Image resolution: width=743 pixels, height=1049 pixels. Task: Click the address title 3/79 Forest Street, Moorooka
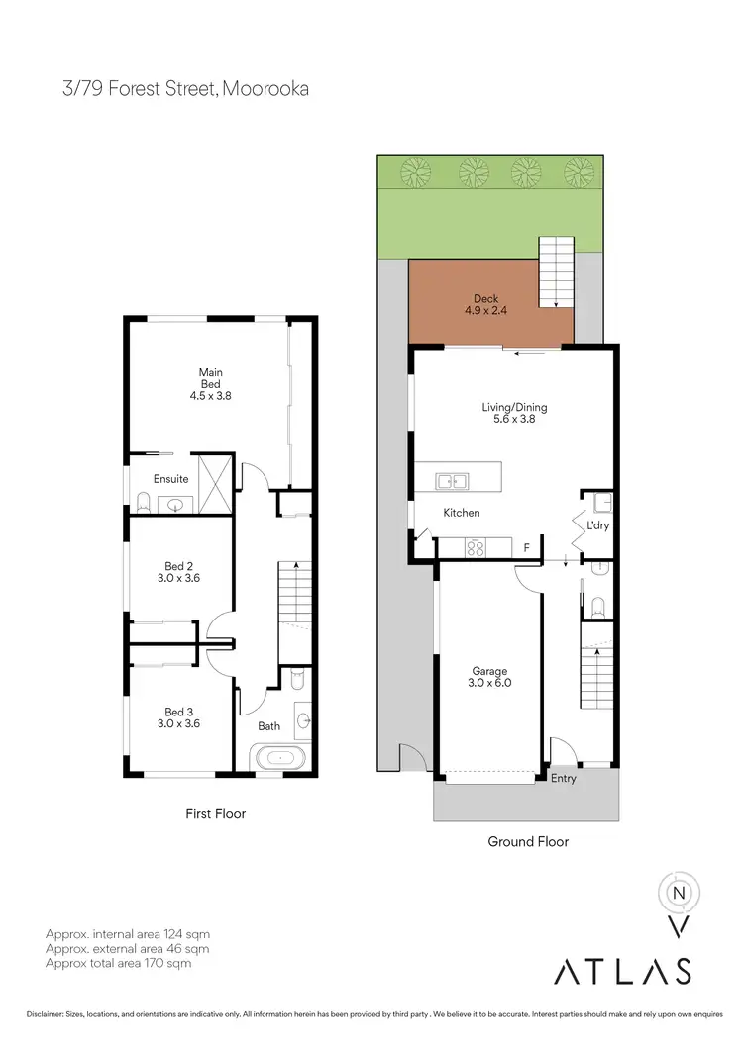click(186, 89)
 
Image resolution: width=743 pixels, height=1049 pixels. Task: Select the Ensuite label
click(170, 479)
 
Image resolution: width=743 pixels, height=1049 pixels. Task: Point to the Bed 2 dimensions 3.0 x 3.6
click(179, 579)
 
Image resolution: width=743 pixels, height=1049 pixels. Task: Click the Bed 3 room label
click(179, 711)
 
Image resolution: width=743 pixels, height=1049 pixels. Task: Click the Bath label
click(269, 726)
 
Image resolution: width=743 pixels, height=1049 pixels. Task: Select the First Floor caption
click(215, 813)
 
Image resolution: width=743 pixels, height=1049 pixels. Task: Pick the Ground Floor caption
click(528, 842)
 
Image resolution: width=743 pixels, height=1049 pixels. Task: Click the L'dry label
click(597, 525)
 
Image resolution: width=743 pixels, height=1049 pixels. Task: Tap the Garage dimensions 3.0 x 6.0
click(489, 682)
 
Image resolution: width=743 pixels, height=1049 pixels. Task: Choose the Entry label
click(564, 779)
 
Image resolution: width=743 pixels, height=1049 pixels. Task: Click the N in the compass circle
click(680, 891)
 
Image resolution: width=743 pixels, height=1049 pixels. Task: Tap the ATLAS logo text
click(622, 971)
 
